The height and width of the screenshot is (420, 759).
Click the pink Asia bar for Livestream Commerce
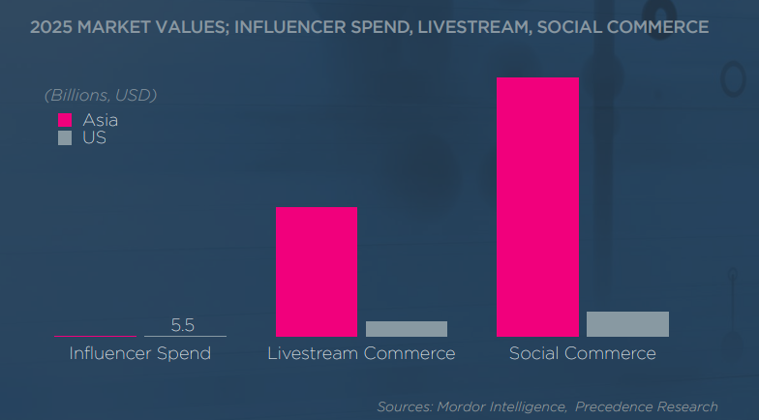point(317,271)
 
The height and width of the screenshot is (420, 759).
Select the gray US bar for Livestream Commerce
point(407,329)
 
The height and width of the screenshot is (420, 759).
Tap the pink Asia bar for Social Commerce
point(537,206)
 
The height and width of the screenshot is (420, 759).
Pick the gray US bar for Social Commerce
point(627,324)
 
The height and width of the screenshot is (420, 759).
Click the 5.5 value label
point(183,325)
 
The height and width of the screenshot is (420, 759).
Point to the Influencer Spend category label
point(140,353)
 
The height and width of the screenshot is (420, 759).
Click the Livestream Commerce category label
point(361,353)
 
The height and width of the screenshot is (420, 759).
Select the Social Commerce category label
point(583,353)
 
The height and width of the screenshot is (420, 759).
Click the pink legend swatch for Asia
point(65,121)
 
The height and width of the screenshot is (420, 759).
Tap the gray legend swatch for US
point(65,137)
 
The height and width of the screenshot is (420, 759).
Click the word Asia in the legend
point(101,121)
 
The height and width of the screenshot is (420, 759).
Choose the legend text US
point(94,137)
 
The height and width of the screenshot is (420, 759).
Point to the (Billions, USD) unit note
point(101,95)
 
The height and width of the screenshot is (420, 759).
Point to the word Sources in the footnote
point(405,406)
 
